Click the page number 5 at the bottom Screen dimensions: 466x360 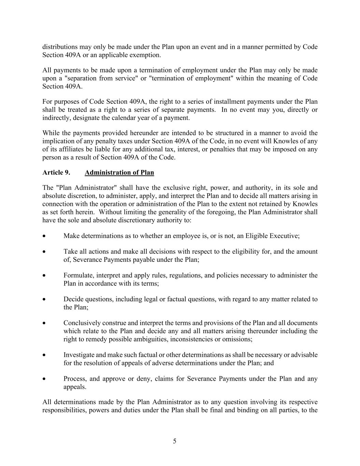click(175, 441)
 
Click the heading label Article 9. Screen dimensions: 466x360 click(56, 172)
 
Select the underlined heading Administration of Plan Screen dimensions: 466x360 click(119, 172)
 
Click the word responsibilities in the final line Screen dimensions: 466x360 click(64, 410)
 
